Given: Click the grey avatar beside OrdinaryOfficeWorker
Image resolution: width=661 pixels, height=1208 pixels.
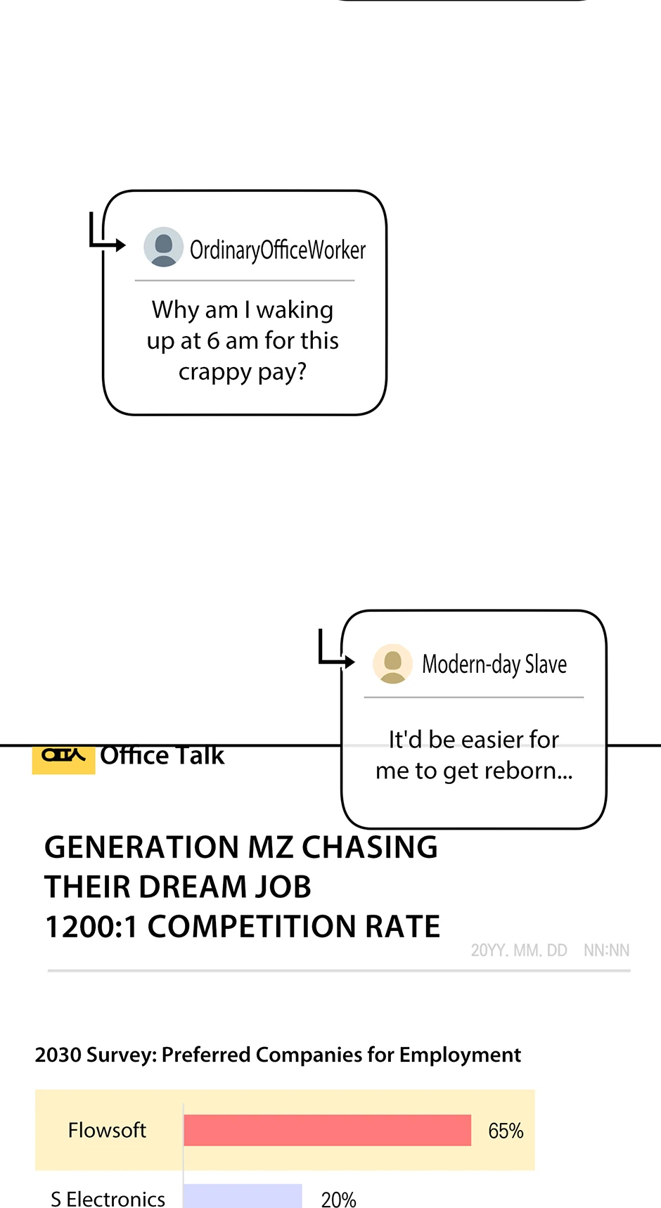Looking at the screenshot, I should [164, 247].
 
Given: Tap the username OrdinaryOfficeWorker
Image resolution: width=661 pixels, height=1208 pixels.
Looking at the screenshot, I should [278, 250].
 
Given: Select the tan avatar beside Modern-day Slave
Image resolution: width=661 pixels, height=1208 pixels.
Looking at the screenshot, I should [392, 663].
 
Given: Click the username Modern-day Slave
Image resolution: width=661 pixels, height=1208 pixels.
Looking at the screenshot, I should [494, 664].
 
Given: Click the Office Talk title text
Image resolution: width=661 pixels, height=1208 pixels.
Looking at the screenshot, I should [162, 756].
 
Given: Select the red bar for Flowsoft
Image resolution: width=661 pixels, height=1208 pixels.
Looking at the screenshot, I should [327, 1130].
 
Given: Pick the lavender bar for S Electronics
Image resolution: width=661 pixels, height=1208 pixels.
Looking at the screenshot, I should [243, 1197].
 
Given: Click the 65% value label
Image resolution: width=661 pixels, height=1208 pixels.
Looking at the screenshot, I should [506, 1131].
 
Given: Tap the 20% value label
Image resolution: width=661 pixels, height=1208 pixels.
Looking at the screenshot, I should [338, 1199].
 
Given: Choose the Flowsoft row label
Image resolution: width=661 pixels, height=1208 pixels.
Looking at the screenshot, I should [107, 1130].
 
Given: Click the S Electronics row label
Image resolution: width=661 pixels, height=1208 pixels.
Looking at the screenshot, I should [108, 1198].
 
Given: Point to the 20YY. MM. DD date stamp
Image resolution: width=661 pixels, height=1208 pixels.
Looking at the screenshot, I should [519, 951].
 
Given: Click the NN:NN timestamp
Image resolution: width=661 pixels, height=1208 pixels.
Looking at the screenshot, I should [606, 951].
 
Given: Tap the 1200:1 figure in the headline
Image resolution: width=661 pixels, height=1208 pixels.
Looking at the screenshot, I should [91, 927].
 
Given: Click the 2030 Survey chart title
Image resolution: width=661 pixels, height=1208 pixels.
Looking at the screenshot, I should [278, 1055].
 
